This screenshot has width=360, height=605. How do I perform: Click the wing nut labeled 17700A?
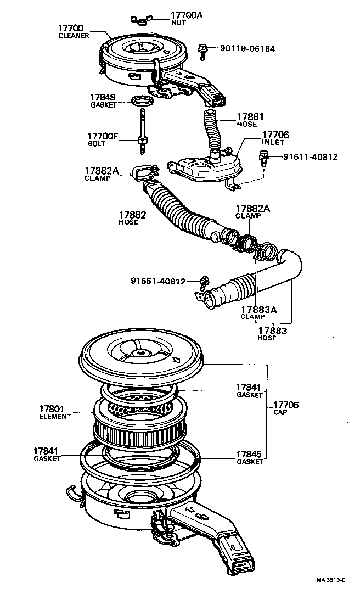point(139,21)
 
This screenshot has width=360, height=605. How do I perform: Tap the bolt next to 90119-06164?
point(203,51)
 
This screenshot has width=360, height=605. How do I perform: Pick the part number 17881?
point(250,116)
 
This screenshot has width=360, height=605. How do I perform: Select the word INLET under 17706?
point(273,142)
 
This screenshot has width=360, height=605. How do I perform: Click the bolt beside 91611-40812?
point(263,159)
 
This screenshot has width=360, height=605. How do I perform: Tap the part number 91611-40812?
point(310,157)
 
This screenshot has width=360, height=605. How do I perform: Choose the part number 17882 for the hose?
point(132,215)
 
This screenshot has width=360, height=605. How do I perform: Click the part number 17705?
point(285,405)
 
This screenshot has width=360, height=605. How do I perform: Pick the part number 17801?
point(52,409)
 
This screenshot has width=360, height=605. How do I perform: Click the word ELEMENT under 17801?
point(55,417)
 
